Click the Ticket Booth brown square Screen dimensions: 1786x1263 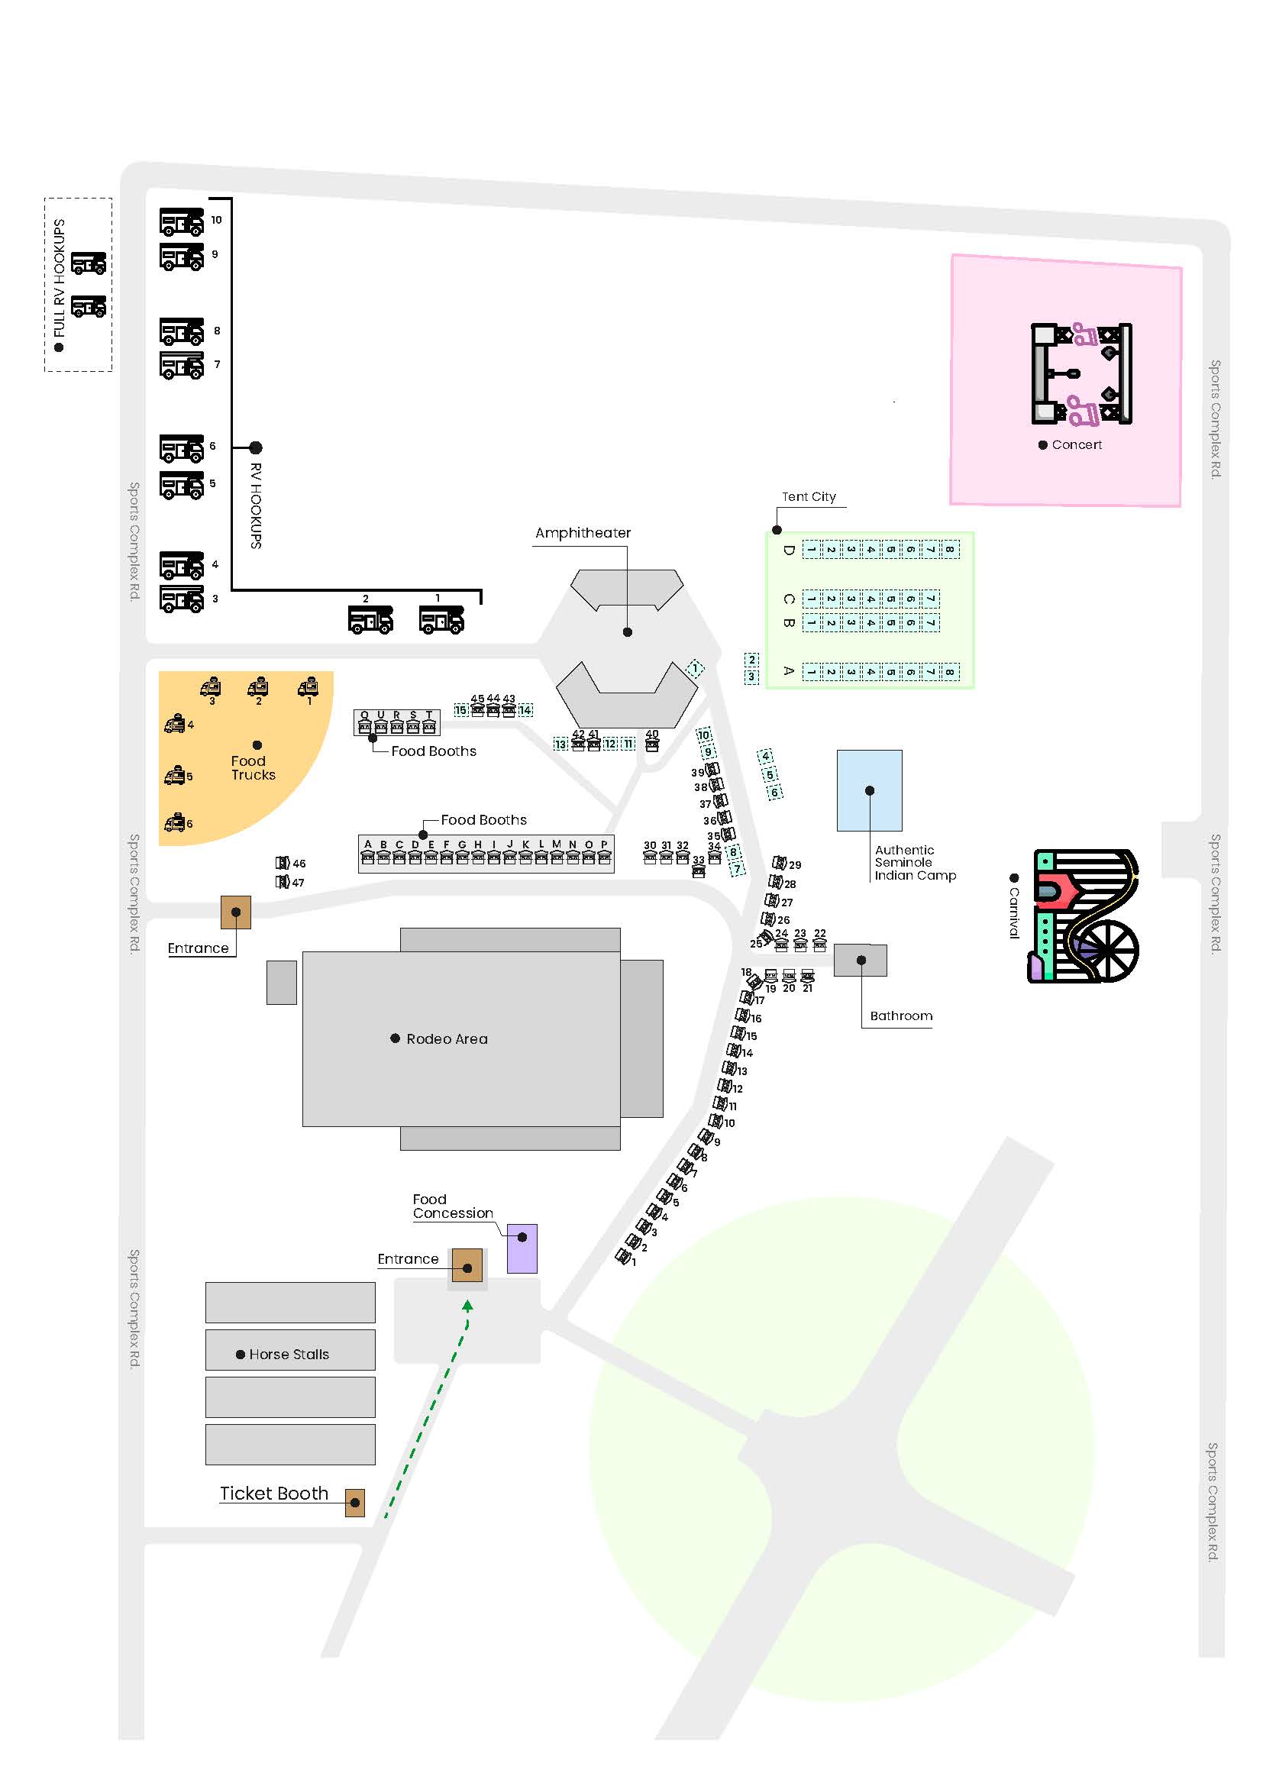pyautogui.click(x=354, y=1502)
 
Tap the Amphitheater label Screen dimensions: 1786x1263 pyautogui.click(x=583, y=533)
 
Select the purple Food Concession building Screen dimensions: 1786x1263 pyautogui.click(x=522, y=1248)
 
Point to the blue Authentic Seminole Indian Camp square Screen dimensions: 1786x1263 pyautogui.click(x=869, y=790)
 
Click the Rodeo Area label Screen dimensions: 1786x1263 pyautogui.click(x=447, y=1038)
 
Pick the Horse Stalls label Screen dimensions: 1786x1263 pyautogui.click(x=289, y=1355)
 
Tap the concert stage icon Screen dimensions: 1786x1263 pyautogui.click(x=1081, y=373)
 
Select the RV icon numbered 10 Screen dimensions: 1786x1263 pyautogui.click(x=181, y=221)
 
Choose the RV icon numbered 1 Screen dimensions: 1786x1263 pyautogui.click(x=441, y=620)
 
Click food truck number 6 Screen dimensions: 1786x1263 pyautogui.click(x=176, y=822)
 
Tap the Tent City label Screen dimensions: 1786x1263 pyautogui.click(x=809, y=496)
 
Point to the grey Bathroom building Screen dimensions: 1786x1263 pyautogui.click(x=860, y=960)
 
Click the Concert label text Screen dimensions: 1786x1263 pyautogui.click(x=1077, y=445)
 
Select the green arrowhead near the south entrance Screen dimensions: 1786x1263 pyautogui.click(x=467, y=1306)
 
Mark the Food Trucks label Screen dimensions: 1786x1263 pyautogui.click(x=253, y=767)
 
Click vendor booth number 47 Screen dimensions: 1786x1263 pyautogui.click(x=283, y=882)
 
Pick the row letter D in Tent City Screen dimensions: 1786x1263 pyautogui.click(x=788, y=550)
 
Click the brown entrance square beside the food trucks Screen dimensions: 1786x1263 pyautogui.click(x=236, y=912)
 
